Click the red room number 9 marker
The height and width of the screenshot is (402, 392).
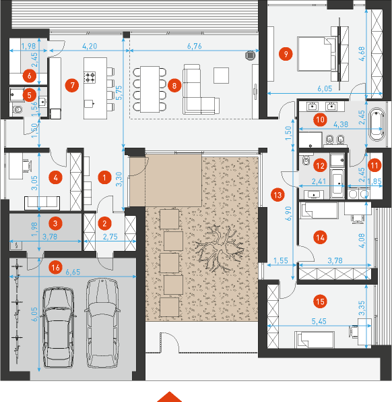coord(286,54)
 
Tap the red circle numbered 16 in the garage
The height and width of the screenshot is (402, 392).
coord(55,268)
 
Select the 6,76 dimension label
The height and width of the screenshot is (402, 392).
coord(195,46)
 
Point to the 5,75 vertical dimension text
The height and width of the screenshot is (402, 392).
coord(119,92)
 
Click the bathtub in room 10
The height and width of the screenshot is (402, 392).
coord(377,124)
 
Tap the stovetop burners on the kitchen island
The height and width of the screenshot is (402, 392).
coord(90,78)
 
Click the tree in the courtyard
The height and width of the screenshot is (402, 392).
coord(220,248)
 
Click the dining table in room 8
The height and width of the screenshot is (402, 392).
coord(150,89)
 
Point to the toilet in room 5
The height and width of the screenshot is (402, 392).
coord(18,110)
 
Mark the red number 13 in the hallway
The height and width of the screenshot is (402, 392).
coord(277,195)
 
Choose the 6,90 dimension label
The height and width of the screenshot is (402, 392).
coord(289,213)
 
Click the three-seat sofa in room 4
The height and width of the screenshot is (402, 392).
coord(42,203)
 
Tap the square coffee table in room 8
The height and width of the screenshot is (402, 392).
coord(221,76)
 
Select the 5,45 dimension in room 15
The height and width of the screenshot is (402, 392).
coord(319,321)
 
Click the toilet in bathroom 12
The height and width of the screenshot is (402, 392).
coord(306,160)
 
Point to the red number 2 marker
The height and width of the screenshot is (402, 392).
coord(104,223)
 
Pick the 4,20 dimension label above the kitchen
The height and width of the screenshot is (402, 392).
coord(90,46)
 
